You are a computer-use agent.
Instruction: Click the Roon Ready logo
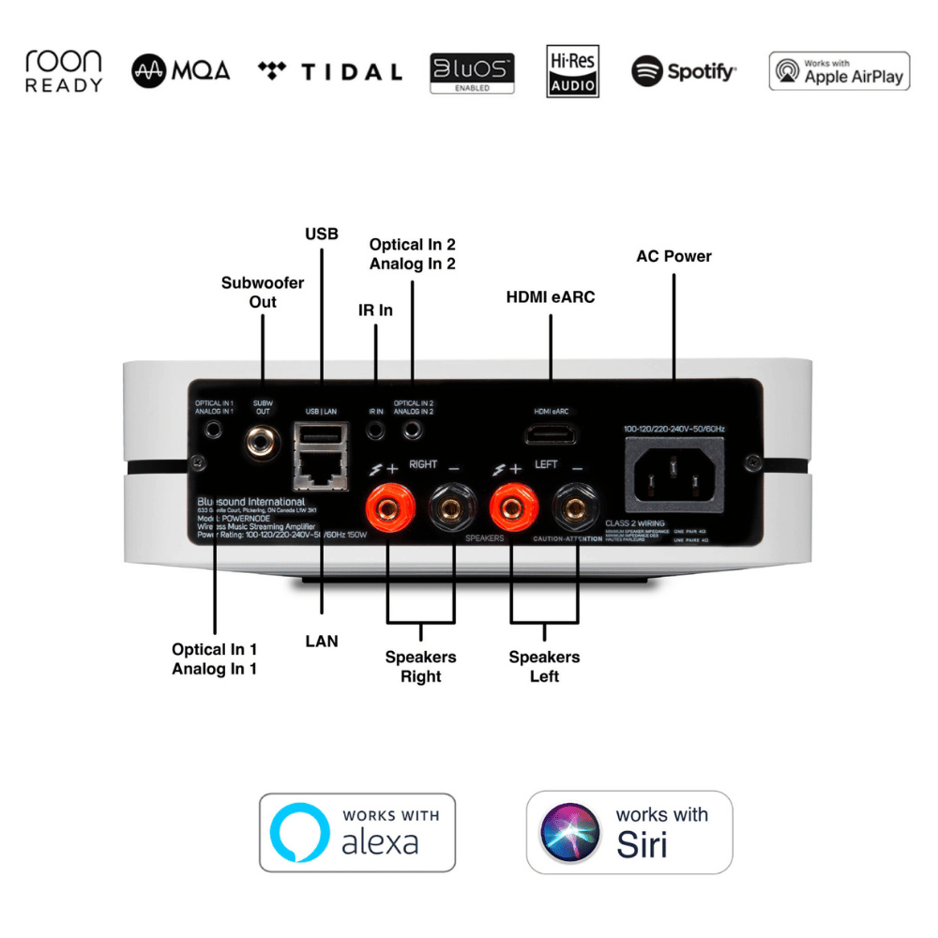(x=64, y=71)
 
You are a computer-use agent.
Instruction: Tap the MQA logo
(x=181, y=71)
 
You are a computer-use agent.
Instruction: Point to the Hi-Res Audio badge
(x=572, y=71)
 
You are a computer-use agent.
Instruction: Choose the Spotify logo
(x=684, y=71)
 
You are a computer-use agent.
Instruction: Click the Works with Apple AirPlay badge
(x=839, y=71)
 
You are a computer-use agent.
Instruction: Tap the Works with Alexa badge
(x=356, y=832)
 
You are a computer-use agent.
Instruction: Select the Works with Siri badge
(x=628, y=832)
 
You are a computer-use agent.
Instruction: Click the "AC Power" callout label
(x=673, y=256)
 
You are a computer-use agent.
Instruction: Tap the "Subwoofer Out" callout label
(x=263, y=292)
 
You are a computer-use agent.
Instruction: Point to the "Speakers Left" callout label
(x=544, y=666)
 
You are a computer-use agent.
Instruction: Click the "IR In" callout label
(x=375, y=309)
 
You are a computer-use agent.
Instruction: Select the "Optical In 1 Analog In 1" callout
(x=214, y=658)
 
